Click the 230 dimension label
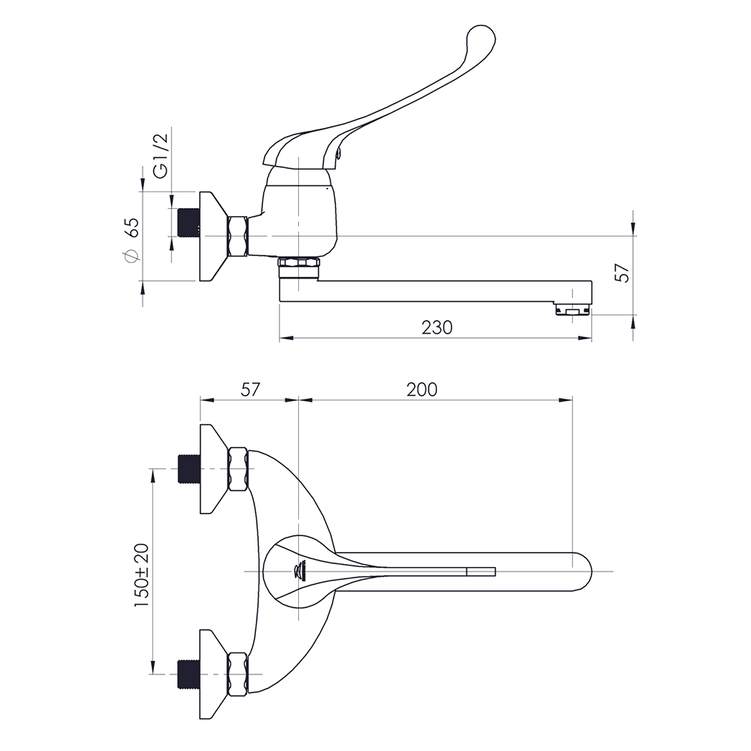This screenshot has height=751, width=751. pos(437,327)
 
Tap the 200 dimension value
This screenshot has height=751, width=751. pos(422,390)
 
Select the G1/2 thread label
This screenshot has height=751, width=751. pos(161,155)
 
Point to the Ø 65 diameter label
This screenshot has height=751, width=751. pos(131,240)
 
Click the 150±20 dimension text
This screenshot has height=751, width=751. pos(142,576)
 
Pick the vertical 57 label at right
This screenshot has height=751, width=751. pos(623,273)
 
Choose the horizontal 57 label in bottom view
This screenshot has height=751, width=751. pos(249,390)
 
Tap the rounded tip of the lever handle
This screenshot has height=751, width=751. pos(481,38)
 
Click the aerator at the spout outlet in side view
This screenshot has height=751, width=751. pos(573,310)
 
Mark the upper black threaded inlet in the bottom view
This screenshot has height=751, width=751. pos(189,469)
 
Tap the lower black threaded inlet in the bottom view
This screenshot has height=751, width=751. pos(189,674)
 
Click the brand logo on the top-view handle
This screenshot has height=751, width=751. pos(299,571)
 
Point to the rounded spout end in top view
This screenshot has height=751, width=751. pos(583,572)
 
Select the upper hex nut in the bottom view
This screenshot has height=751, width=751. pos(238,469)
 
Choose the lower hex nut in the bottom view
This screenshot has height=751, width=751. pos(238,674)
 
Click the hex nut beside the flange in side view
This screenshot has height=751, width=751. pos(238,237)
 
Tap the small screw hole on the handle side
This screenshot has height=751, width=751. pos(339,154)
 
